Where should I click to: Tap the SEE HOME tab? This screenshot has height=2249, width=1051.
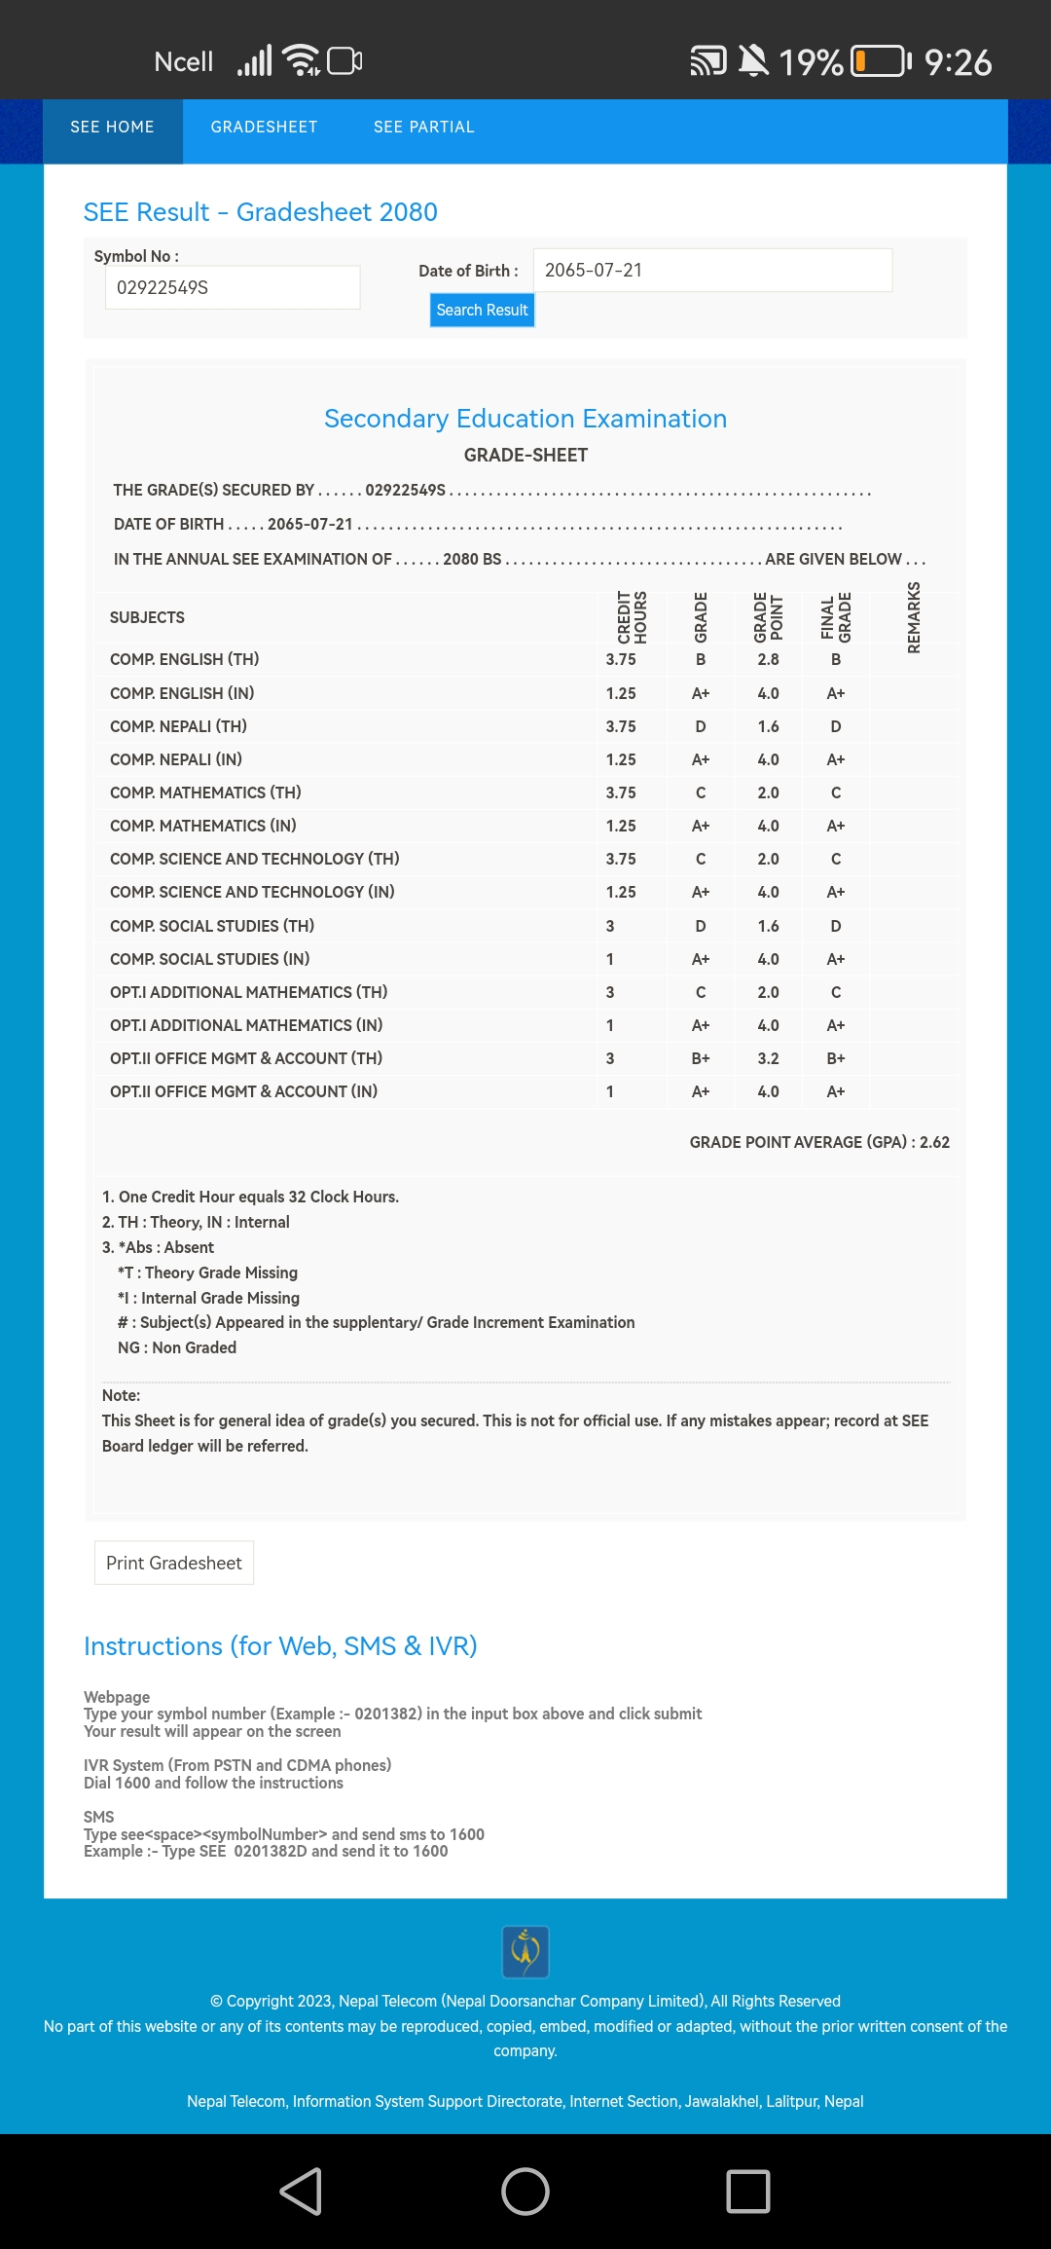(112, 128)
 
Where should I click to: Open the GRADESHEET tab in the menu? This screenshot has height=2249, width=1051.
(264, 128)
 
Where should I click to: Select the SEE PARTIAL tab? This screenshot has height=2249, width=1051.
(424, 128)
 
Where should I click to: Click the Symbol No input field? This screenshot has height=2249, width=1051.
(233, 288)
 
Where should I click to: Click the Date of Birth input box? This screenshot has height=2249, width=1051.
(712, 271)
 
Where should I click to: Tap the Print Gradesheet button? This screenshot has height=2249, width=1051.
(174, 1563)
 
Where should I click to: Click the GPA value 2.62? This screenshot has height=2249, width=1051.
(934, 1142)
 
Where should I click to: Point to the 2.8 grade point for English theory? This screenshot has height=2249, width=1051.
(768, 660)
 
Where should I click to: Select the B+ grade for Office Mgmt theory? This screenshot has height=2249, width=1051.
(701, 1058)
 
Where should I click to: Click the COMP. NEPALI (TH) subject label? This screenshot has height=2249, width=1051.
(178, 726)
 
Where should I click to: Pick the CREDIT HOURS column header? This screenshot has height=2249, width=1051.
(633, 617)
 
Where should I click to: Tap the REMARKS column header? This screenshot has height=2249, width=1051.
(914, 617)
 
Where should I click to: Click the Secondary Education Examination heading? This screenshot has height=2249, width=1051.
(525, 419)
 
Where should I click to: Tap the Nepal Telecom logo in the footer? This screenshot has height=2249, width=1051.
(525, 1951)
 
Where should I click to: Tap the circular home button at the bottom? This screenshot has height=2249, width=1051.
(525, 2192)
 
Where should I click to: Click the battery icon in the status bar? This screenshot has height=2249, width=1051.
(880, 61)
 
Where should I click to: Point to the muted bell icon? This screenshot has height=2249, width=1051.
(752, 61)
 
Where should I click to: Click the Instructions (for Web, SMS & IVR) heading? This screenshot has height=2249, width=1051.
(280, 1646)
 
